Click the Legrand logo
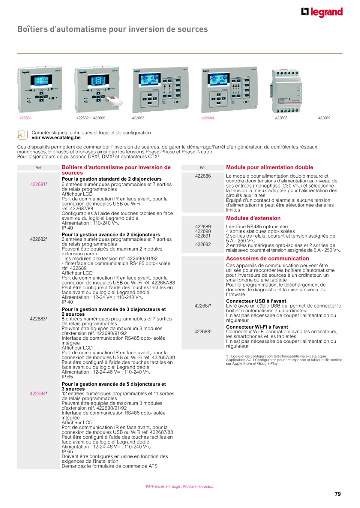(322, 13)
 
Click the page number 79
(338, 494)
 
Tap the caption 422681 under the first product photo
(25, 118)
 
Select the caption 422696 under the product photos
(282, 118)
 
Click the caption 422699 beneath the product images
(324, 118)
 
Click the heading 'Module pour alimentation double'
(270, 167)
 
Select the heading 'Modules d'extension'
(253, 218)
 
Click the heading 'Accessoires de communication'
(268, 258)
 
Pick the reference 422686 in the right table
(203, 176)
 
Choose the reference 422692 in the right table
(203, 244)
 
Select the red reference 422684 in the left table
(38, 394)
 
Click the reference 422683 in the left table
(38, 319)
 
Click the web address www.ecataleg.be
(55, 137)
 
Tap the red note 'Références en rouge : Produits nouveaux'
(179, 486)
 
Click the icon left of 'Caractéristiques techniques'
(22, 135)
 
